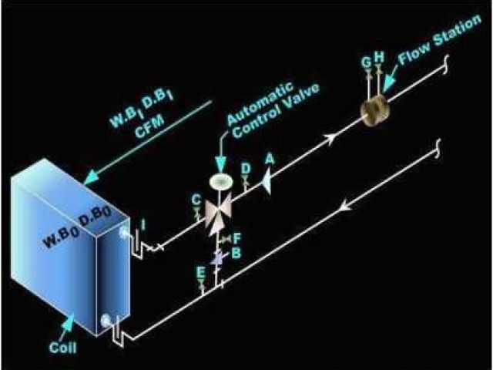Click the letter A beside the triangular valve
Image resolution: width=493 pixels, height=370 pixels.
click(x=270, y=157)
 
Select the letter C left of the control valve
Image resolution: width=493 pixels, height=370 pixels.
click(x=196, y=199)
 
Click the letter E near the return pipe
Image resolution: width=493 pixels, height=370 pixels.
click(x=201, y=271)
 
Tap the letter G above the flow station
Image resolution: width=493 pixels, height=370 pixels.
click(x=367, y=61)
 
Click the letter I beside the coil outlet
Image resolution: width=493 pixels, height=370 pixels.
click(x=143, y=224)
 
